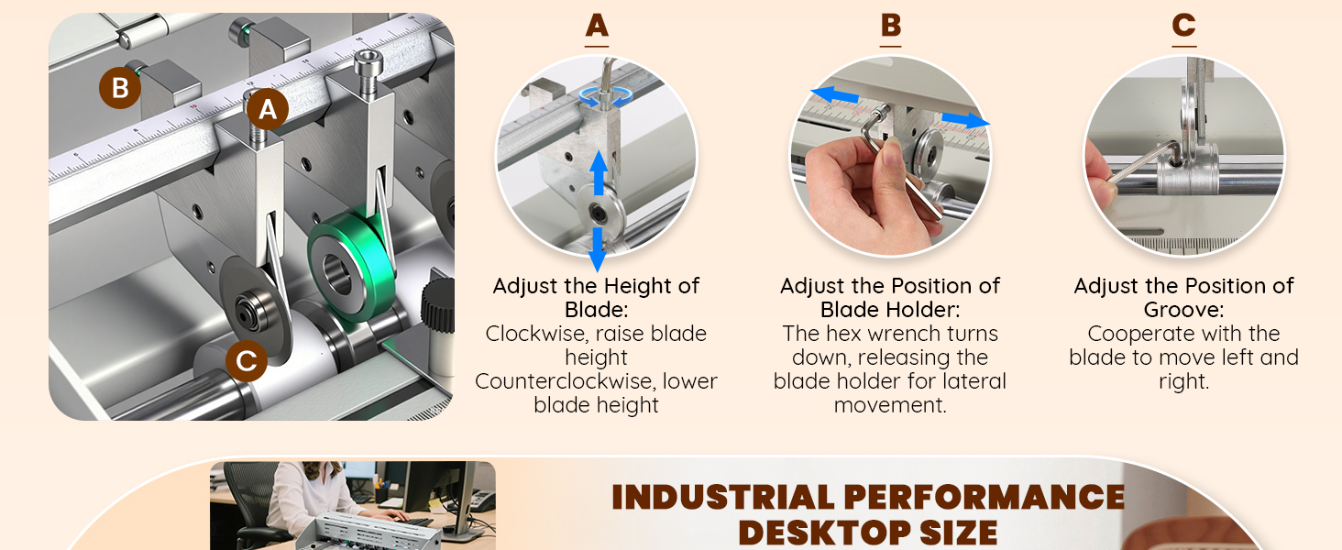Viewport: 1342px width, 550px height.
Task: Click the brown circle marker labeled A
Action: [x=267, y=110]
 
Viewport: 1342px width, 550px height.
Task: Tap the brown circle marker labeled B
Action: [x=120, y=88]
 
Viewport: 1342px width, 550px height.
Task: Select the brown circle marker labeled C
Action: [x=247, y=361]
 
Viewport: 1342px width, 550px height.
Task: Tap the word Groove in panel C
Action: [x=1181, y=310]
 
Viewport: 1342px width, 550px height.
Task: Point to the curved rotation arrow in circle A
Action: [x=605, y=97]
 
